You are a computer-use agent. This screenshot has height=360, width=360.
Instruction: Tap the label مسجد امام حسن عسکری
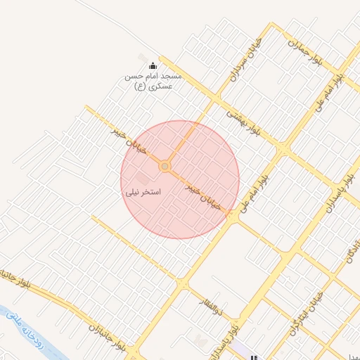point(153,80)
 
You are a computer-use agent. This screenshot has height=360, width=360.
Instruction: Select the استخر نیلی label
point(143,191)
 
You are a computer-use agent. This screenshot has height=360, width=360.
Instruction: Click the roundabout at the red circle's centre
point(165,166)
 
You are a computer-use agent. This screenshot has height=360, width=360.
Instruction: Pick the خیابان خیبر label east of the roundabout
point(204,198)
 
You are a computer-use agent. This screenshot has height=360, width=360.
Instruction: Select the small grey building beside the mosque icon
point(143,58)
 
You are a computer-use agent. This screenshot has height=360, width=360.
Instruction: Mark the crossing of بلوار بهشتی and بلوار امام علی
point(283,150)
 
